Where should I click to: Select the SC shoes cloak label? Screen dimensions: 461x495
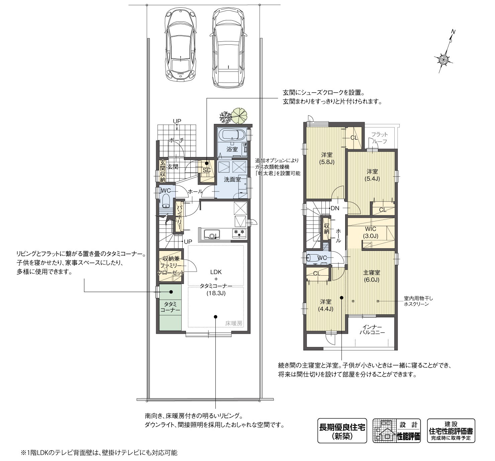click(207, 170)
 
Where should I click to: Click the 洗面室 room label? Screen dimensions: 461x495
click(232, 179)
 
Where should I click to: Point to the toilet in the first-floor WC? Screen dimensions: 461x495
click(166, 202)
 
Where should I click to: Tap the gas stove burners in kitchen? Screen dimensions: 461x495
click(239, 233)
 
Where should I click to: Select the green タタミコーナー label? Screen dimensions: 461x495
click(170, 307)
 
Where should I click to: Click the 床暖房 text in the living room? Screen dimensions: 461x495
click(233, 323)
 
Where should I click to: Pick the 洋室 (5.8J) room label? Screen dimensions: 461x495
click(326, 158)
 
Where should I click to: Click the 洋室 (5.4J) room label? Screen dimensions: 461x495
click(372, 175)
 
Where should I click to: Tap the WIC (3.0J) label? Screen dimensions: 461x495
click(371, 232)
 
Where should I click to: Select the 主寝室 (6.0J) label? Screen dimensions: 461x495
click(371, 276)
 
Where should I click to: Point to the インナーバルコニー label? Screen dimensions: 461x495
click(372, 329)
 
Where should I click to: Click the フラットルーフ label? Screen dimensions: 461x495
click(379, 138)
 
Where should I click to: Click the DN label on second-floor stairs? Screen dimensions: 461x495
click(335, 208)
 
